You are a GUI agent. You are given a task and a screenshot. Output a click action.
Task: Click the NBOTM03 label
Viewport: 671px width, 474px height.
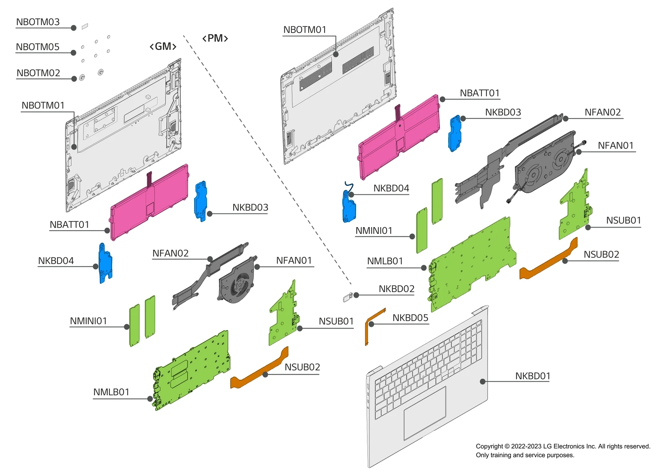point(38,22)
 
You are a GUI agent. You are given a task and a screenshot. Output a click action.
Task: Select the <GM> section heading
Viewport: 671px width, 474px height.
point(163,47)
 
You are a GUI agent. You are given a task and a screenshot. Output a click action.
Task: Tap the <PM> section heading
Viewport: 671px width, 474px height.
point(215,39)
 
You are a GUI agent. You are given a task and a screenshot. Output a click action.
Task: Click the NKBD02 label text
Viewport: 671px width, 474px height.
point(396,289)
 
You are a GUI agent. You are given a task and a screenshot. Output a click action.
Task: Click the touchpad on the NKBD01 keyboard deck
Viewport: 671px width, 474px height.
point(424,413)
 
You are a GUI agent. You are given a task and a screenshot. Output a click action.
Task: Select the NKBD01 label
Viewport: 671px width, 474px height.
point(532,376)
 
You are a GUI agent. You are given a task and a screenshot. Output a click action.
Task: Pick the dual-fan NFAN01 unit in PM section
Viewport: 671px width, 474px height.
point(543,163)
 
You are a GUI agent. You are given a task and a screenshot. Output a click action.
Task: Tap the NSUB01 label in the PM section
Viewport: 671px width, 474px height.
point(623,220)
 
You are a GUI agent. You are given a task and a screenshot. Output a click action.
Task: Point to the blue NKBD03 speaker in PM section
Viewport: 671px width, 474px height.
point(455,133)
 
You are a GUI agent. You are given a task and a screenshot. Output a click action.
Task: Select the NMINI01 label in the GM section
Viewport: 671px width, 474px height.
point(88,321)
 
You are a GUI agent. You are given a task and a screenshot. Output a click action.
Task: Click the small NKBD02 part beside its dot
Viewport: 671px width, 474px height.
point(347,298)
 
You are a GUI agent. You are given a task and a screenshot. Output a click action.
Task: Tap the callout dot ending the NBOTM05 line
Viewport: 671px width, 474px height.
point(73,53)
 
